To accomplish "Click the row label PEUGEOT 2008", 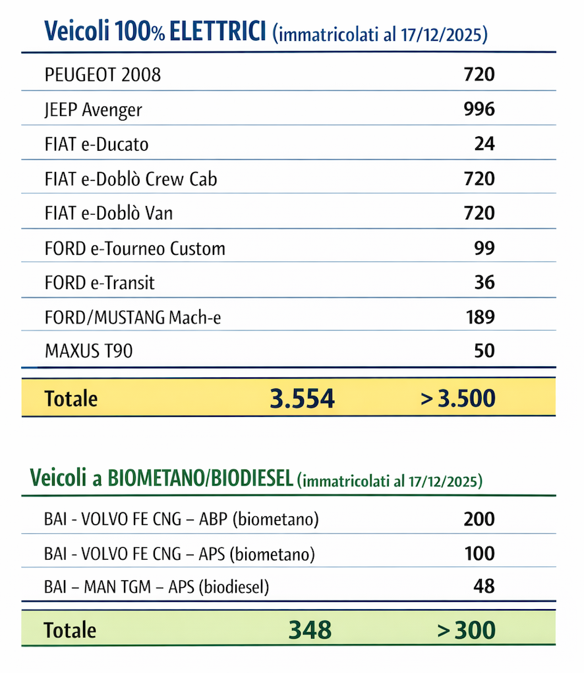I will [x=102, y=74].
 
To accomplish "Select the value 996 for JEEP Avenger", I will [x=479, y=109].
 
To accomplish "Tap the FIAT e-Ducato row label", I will [x=96, y=144].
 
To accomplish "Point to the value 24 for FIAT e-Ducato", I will [x=484, y=144].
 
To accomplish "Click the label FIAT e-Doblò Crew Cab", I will [x=131, y=178].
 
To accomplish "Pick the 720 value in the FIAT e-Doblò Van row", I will [x=479, y=213].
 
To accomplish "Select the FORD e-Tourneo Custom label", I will [x=134, y=248].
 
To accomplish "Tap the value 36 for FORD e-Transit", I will [x=484, y=283].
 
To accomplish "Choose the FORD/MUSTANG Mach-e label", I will [x=132, y=317].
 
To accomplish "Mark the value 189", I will [x=479, y=317].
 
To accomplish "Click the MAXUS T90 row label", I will [x=88, y=351].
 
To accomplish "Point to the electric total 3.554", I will [x=302, y=398].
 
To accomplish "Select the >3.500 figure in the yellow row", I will [x=457, y=398].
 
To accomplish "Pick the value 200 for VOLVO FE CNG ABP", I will [x=479, y=519].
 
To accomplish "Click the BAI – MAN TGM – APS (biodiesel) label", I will [x=156, y=586].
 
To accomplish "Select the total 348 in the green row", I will [x=310, y=630].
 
